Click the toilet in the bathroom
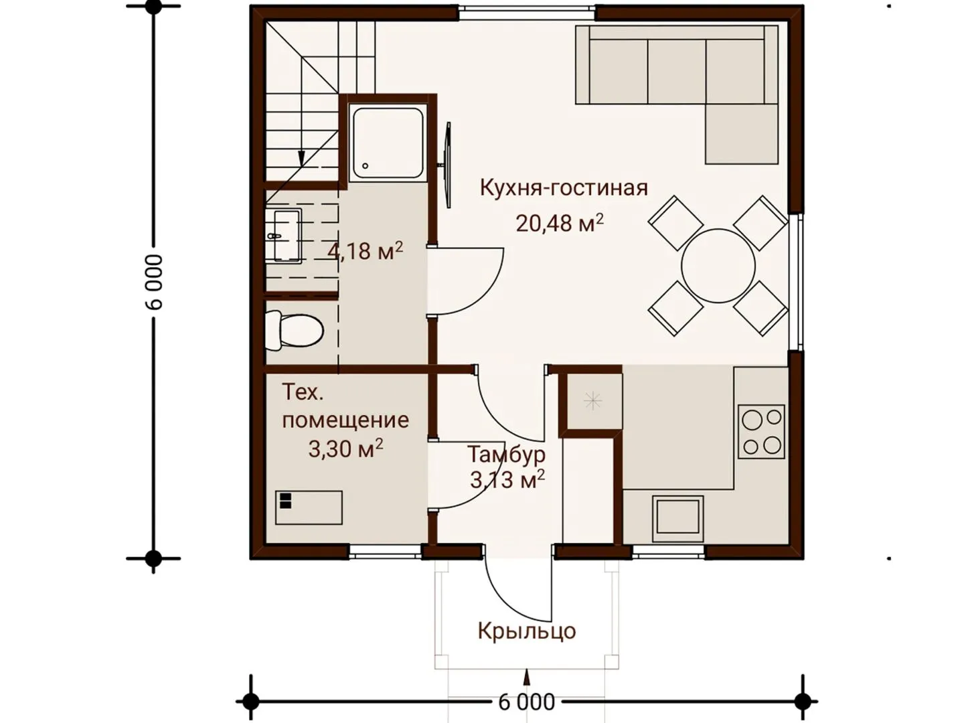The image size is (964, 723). [x=295, y=331]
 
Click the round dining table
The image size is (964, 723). [x=718, y=266]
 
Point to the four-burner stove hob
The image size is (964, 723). [x=761, y=432]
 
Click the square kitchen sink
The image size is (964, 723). [x=677, y=520]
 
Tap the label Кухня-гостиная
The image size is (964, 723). [x=564, y=188]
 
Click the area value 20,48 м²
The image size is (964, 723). [x=560, y=222]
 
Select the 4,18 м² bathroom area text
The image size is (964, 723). [x=366, y=251]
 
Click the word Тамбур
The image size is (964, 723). [x=506, y=455]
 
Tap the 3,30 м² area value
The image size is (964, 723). [x=345, y=449]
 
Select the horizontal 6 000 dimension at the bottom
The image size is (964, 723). [x=527, y=703]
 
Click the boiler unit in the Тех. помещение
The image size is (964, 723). [x=309, y=507]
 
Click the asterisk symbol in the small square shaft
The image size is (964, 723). [x=592, y=401]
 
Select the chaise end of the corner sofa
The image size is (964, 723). [x=741, y=133]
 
